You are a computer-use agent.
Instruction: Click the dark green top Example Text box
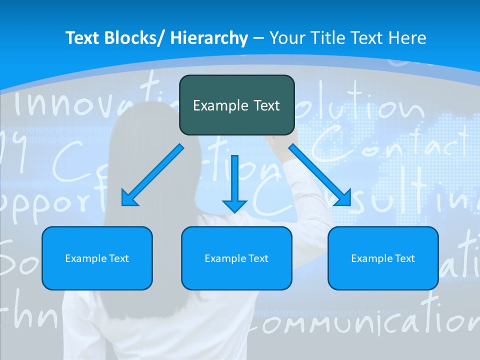pyautogui.click(x=236, y=105)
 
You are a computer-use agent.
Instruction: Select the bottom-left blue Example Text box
pyautogui.click(x=97, y=258)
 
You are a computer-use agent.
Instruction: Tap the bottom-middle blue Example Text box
pyautogui.click(x=236, y=258)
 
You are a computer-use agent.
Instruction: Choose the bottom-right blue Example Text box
pyautogui.click(x=383, y=258)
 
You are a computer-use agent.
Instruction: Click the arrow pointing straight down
pyautogui.click(x=234, y=182)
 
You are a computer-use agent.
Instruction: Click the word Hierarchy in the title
pyautogui.click(x=209, y=38)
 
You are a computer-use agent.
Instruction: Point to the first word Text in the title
pyautogui.click(x=83, y=38)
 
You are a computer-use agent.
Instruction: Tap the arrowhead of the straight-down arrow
pyautogui.click(x=234, y=205)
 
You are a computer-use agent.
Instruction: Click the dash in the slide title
pyautogui.click(x=258, y=38)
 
